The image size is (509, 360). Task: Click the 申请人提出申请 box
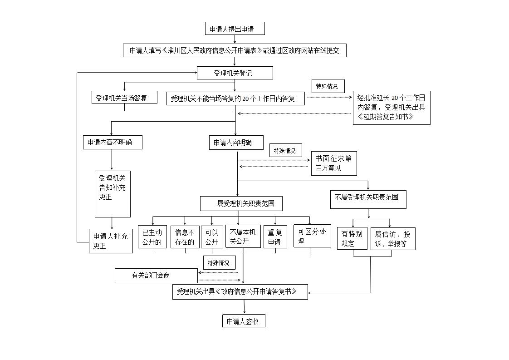click(235, 29)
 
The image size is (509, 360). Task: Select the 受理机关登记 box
click(235, 73)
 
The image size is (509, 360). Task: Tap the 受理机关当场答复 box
click(124, 98)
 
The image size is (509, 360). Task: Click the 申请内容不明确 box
click(113, 142)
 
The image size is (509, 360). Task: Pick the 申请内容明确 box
click(236, 143)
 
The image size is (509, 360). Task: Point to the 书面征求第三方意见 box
click(334, 163)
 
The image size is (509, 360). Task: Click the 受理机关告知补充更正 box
click(113, 194)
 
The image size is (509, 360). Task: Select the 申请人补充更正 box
click(111, 241)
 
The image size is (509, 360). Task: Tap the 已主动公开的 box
click(152, 237)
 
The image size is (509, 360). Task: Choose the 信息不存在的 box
click(185, 237)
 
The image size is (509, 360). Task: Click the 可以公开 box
click(212, 237)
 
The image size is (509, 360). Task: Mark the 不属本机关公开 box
click(243, 236)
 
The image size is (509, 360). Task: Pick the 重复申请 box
click(275, 237)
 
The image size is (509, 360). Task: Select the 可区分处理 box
click(312, 236)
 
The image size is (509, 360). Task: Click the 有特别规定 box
click(352, 238)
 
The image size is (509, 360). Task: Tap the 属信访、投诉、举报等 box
click(393, 238)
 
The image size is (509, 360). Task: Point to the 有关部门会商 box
click(156, 276)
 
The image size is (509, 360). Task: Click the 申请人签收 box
click(244, 321)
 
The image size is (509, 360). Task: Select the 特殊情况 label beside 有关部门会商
click(220, 262)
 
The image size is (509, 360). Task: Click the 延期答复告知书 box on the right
click(392, 108)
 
